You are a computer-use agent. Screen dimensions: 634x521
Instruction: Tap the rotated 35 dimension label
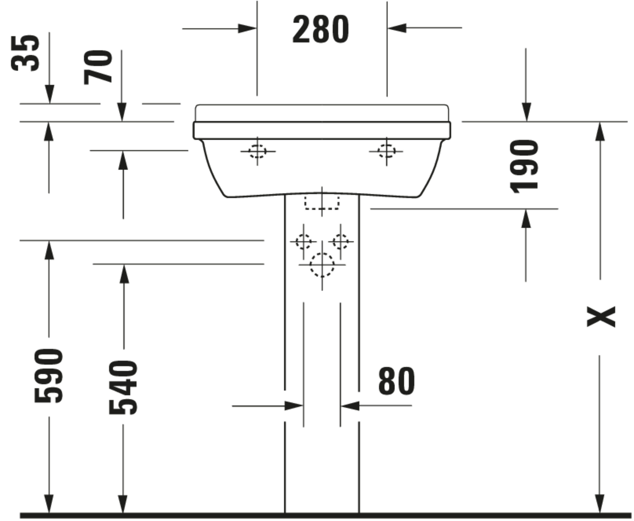click(25, 53)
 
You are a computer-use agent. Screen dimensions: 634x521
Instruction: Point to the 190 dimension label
click(524, 166)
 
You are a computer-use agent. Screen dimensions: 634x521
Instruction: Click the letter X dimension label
click(601, 316)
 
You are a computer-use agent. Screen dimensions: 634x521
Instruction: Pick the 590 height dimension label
click(49, 375)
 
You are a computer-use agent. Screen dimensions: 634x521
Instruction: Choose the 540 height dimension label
click(123, 387)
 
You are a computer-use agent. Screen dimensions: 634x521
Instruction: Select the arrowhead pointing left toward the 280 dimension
click(397, 28)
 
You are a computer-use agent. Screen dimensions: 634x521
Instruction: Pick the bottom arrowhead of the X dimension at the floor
click(600, 504)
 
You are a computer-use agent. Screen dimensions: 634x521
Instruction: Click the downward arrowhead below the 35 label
click(50, 94)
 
